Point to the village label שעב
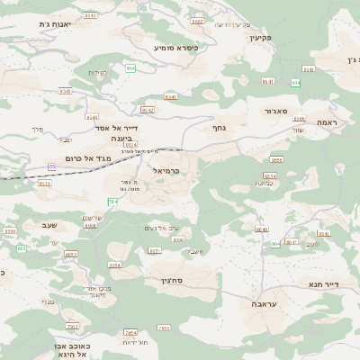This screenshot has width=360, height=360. tap(49, 225)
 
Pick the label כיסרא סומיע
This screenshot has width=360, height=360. tap(176, 47)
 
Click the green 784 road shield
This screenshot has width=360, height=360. tap(113, 202)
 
